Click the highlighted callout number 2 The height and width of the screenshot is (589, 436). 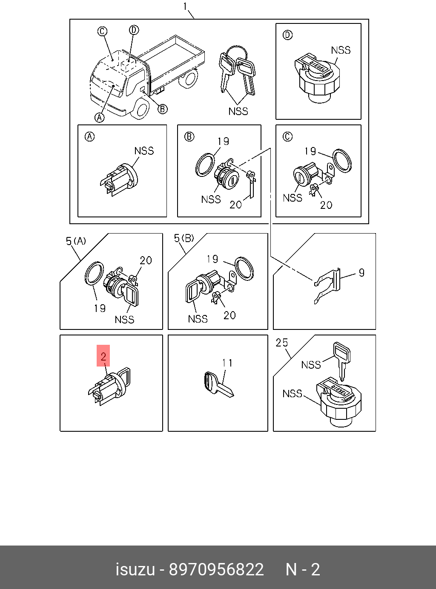tap(103, 356)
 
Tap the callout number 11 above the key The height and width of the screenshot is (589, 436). tap(227, 363)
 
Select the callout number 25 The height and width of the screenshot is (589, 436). tap(282, 343)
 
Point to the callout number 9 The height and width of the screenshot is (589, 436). tap(361, 273)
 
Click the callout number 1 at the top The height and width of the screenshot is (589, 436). tap(185, 6)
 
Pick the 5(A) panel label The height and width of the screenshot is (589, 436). tap(76, 241)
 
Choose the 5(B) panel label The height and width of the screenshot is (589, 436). tap(184, 238)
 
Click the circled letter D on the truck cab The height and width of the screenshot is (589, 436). tap(134, 30)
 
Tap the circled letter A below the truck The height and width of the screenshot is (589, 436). tap(99, 117)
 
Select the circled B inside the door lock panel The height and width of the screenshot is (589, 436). tap(189, 136)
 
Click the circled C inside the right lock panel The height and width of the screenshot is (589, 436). tap(288, 136)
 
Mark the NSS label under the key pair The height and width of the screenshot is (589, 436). tap(238, 111)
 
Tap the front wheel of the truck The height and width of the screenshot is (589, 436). tap(141, 109)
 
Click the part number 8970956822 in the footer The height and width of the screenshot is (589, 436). tap(216, 569)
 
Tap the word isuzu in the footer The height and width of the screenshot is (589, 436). tap(135, 569)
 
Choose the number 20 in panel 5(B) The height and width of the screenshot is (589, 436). tap(229, 315)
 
